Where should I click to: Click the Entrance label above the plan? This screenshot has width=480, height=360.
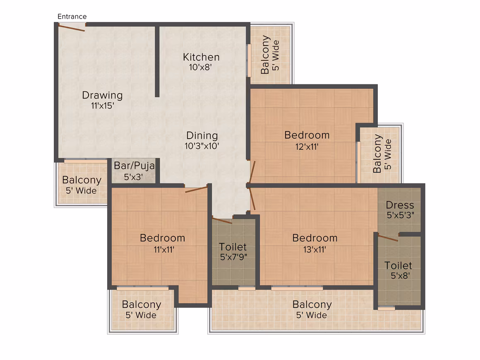point(72,17)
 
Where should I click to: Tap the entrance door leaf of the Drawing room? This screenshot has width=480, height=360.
point(71,28)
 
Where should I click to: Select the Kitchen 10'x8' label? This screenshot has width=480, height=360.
point(201,62)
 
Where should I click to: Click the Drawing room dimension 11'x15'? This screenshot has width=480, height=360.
point(103,106)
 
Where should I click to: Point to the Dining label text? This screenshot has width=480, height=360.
point(202,135)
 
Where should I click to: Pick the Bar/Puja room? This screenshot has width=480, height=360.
point(134,171)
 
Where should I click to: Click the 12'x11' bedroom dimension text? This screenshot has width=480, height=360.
point(307,146)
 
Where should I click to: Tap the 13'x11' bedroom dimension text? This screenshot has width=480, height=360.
point(315,250)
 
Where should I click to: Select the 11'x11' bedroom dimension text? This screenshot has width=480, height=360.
point(164,250)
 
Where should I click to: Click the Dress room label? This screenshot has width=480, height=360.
point(400,205)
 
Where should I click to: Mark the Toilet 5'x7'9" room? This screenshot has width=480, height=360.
point(233,252)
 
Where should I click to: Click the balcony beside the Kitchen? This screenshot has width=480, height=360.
point(270,55)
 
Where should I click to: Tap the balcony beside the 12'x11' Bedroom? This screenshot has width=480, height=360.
point(379,155)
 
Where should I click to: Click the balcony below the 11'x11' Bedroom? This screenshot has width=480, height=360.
point(142,310)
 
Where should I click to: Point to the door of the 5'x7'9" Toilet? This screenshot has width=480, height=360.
point(222,221)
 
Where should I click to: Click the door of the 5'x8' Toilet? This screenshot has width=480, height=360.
point(388,238)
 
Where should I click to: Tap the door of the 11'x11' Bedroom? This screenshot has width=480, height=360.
point(196,190)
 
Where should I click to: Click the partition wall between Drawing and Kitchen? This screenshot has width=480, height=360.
point(157,62)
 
